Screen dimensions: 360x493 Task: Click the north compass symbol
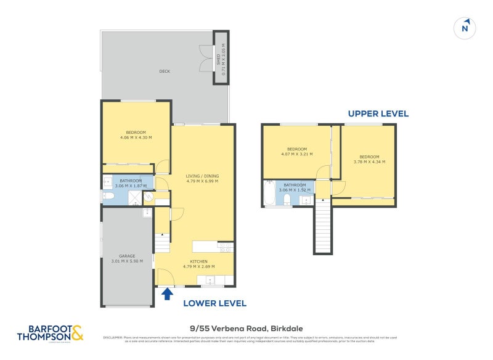pyautogui.click(x=466, y=28)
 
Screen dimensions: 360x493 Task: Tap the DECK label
pyautogui.click(x=165, y=72)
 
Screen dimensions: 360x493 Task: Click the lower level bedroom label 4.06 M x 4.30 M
pyautogui.click(x=136, y=134)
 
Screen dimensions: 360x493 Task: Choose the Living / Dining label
pyautogui.click(x=202, y=179)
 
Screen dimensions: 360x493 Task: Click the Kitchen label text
pyautogui.click(x=198, y=264)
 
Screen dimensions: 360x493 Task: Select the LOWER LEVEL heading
pyautogui.click(x=215, y=303)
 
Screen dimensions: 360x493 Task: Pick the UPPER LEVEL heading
pyautogui.click(x=378, y=113)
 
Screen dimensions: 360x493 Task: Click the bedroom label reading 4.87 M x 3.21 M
pyautogui.click(x=296, y=151)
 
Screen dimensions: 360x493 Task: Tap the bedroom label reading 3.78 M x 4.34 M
pyautogui.click(x=369, y=159)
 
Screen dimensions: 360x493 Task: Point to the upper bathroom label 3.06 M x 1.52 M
pyautogui.click(x=295, y=187)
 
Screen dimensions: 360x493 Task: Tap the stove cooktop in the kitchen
pyautogui.click(x=225, y=247)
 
